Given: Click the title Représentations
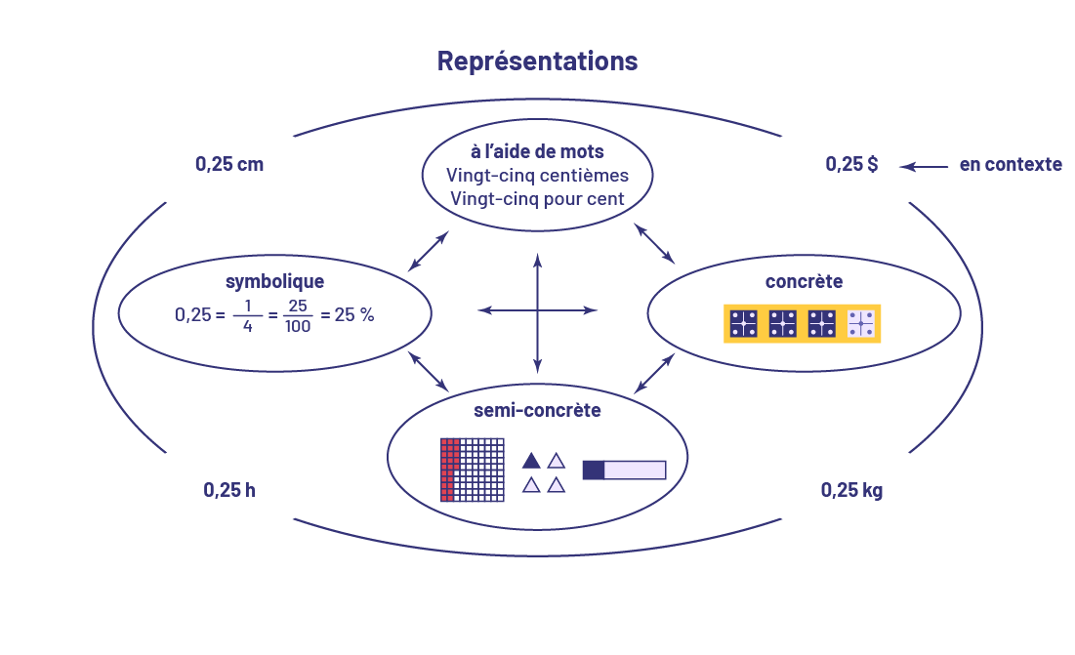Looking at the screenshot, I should pos(537,61).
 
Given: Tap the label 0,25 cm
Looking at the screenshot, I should pos(229,164).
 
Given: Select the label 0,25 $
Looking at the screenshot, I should pos(851,164).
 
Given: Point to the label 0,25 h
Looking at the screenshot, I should pos(229,489).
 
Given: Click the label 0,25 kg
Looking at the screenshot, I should pos(851,489).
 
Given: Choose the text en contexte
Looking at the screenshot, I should pos(1010,165).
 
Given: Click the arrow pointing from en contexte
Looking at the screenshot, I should pos(924,167).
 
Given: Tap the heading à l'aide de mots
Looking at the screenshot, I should pos(537,151).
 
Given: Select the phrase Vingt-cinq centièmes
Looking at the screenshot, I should pos(537,176).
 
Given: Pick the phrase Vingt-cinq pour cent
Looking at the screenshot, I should pos(537,198).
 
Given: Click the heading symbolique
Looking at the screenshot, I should pos(274,281).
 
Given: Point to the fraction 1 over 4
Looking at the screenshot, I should pos(248,315).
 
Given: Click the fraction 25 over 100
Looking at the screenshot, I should pos(298,315).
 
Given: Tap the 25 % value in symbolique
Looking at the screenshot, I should pos(353,315).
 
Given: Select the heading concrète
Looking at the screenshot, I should pos(804,281).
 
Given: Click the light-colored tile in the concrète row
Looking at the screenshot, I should pos(860,323).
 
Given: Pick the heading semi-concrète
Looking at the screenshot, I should pos(537,410).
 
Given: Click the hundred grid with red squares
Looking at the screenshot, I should pos(473,470).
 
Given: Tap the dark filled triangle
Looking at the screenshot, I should pos(531,460).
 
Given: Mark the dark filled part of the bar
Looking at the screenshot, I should pos(594,470).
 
